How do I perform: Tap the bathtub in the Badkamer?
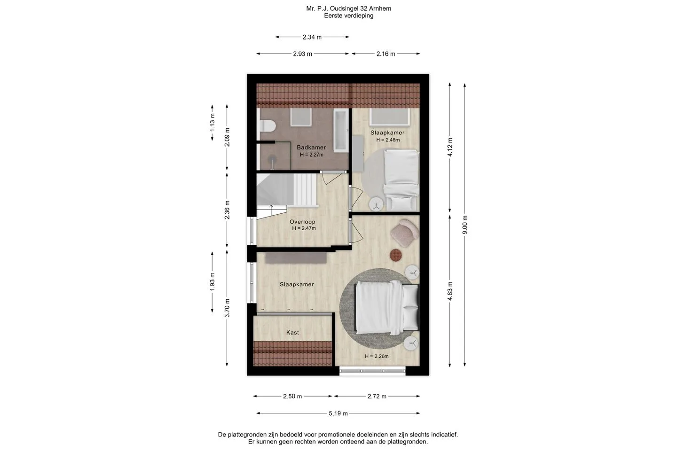[340, 131]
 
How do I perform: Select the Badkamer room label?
[311, 148]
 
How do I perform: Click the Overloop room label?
[302, 222]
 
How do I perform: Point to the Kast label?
[292, 333]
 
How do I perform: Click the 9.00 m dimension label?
[465, 225]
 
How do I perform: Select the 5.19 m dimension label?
[338, 413]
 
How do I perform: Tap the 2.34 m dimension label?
[312, 37]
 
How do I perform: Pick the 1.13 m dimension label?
[212, 123]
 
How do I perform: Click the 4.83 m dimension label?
[450, 291]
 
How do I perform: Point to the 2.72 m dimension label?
[377, 397]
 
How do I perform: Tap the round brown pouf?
[396, 255]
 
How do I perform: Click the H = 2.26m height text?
[377, 356]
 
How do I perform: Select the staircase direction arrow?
[271, 210]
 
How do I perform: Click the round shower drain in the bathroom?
[272, 159]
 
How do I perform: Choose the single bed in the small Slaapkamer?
[401, 180]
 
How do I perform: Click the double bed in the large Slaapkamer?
[387, 307]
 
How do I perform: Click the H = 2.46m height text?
[388, 140]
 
